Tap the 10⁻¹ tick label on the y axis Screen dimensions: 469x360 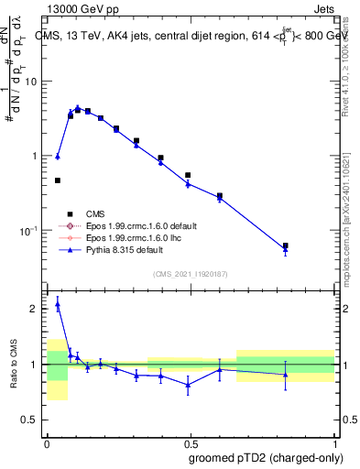30,230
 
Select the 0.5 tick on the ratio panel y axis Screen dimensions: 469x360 32,420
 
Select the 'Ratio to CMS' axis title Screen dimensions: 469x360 14,365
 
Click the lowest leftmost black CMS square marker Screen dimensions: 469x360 58,180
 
